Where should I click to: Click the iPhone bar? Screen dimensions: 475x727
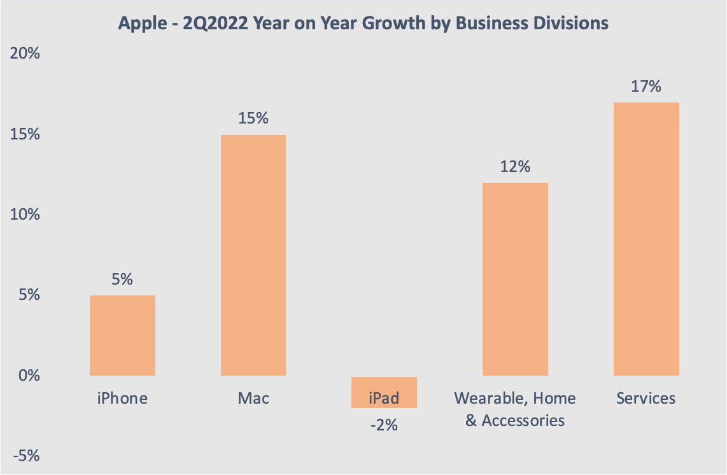click(122, 336)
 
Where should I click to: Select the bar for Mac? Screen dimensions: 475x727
click(253, 255)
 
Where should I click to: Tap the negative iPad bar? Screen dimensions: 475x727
click(384, 392)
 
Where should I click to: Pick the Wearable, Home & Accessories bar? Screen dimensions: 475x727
click(515, 279)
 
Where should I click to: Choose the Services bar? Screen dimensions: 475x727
click(646, 239)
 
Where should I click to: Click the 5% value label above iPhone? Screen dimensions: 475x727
click(122, 279)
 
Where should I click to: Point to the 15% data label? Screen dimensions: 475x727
click(253, 118)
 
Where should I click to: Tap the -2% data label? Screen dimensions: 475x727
click(384, 424)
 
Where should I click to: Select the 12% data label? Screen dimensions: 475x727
click(515, 167)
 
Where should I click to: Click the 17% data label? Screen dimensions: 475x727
click(646, 87)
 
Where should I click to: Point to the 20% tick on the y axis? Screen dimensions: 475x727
click(25, 54)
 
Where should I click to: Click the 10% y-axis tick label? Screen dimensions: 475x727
click(25, 215)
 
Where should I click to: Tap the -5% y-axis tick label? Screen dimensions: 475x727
click(26, 457)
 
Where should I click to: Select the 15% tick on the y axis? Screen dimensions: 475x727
click(25, 135)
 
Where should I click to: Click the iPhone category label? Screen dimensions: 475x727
click(122, 399)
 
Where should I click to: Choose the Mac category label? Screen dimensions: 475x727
click(253, 399)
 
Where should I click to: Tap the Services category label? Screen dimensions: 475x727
click(646, 399)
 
